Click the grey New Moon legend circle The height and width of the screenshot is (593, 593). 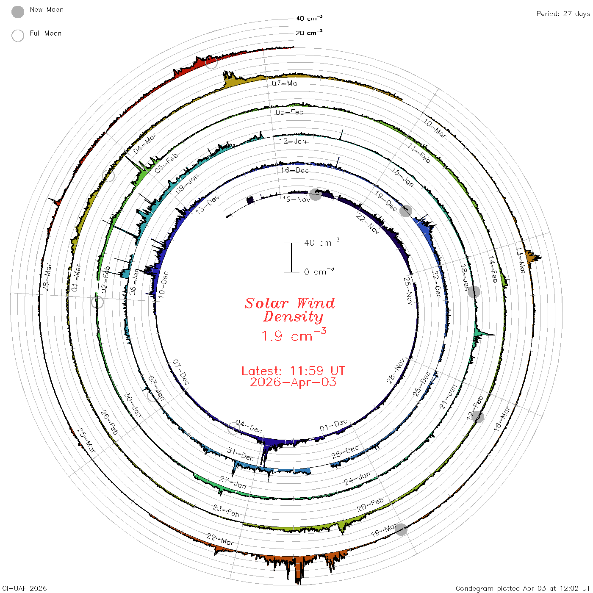coord(17,12)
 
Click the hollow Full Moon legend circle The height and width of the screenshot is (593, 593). coord(17,36)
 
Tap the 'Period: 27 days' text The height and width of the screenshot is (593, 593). coord(563,14)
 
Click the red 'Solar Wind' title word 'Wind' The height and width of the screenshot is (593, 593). coord(316,303)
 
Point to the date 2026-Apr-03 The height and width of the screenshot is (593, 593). coord(293,382)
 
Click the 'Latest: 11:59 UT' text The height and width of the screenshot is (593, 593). coord(293,371)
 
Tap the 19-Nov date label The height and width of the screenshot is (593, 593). coord(296,200)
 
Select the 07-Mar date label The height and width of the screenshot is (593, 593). coord(286,83)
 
